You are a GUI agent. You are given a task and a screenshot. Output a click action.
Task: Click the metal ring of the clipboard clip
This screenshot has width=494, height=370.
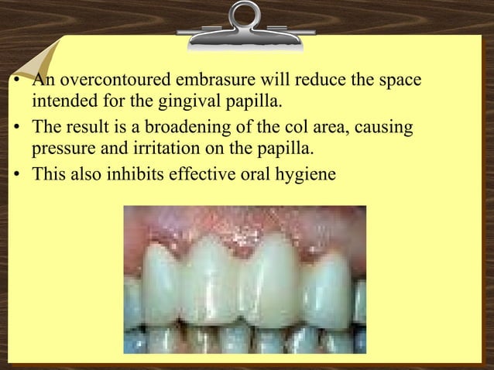(245, 17)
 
